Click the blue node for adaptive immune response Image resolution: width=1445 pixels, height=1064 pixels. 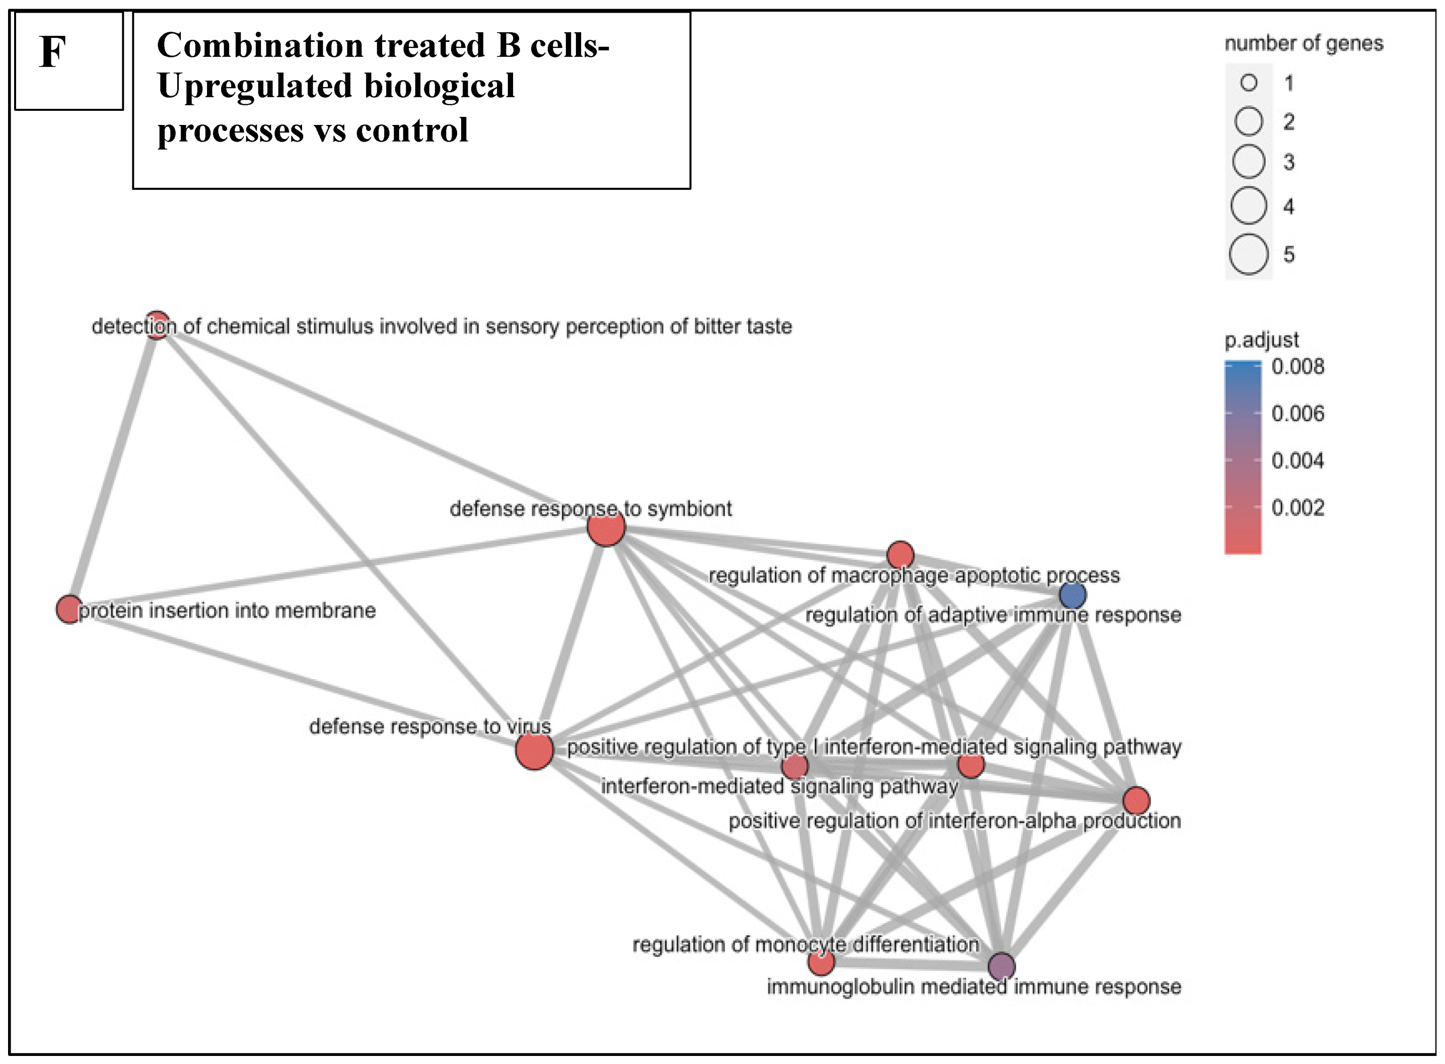coord(1072,595)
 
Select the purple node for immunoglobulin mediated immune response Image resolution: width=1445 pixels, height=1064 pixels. coord(1001,966)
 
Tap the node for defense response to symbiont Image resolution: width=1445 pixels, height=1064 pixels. coord(606,528)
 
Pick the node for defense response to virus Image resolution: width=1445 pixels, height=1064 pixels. coord(534,751)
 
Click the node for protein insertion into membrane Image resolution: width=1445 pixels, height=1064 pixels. coord(69,609)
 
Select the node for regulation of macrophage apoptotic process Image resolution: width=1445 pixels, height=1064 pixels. coord(900,555)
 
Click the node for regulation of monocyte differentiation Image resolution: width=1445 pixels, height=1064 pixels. coord(821,963)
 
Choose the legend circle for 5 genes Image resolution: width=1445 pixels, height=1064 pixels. coord(1248,254)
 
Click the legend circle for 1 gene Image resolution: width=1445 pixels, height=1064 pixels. coord(1249,83)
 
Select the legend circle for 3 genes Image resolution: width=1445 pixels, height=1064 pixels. coord(1249,161)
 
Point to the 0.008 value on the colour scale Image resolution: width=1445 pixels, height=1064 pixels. coord(1297,366)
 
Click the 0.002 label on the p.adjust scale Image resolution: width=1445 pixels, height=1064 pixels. coord(1297,507)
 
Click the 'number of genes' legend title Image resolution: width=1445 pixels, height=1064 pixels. coord(1304,43)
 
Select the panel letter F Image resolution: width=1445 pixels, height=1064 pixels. coord(53,51)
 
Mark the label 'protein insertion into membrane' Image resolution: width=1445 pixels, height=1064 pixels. coord(227,610)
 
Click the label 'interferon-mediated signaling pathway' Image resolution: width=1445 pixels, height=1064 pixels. coord(779,786)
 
